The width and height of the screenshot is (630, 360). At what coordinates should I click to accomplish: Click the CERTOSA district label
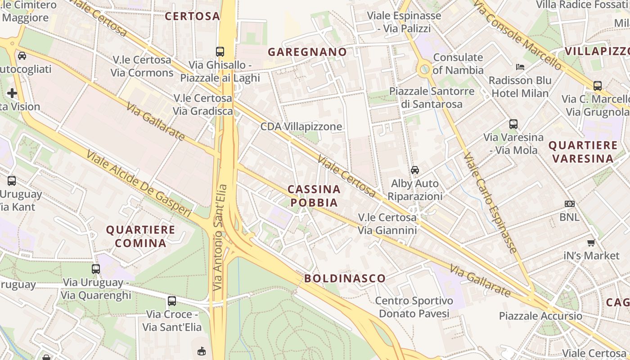click(x=192, y=16)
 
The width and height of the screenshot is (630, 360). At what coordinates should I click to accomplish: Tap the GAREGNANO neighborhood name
click(x=307, y=52)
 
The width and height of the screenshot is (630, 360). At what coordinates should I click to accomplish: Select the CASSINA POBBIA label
click(x=314, y=196)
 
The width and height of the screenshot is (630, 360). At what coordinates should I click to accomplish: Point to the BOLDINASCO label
click(x=345, y=278)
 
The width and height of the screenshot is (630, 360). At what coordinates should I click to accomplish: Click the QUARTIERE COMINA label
click(x=140, y=236)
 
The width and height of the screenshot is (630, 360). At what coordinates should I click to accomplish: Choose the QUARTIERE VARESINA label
click(x=583, y=152)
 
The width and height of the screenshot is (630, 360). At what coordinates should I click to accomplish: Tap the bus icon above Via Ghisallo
click(x=220, y=52)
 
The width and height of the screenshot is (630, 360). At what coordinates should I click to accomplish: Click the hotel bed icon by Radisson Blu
click(x=520, y=67)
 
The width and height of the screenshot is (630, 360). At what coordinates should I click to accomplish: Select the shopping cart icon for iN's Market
click(x=591, y=243)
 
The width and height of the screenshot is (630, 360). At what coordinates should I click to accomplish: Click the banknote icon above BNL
click(x=569, y=204)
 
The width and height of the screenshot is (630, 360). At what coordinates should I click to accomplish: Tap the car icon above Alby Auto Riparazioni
click(x=414, y=170)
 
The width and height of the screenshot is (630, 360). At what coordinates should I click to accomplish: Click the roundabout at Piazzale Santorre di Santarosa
click(x=424, y=69)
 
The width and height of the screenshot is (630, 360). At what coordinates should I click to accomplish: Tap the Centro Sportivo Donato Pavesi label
click(x=414, y=307)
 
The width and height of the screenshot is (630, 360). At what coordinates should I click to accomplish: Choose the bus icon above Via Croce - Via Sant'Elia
click(x=171, y=301)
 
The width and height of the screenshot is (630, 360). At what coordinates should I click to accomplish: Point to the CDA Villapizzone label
click(x=301, y=126)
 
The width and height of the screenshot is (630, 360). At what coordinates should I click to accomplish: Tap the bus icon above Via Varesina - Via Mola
click(x=513, y=124)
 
